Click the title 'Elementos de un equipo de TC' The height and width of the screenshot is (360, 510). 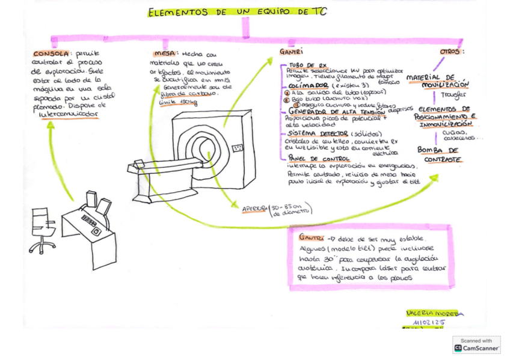pos(237,11)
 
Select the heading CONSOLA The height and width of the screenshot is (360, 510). pos(51,54)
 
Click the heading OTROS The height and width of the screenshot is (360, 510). pos(450,52)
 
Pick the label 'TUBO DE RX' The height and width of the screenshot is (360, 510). pos(308,64)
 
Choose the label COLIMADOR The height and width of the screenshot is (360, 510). pos(304,86)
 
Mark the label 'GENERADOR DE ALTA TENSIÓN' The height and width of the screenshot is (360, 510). pos(337,111)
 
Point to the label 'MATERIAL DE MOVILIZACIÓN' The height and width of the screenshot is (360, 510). pos(438,81)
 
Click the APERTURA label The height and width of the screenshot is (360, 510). pos(254,208)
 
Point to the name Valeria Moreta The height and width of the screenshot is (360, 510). pos(431,313)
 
